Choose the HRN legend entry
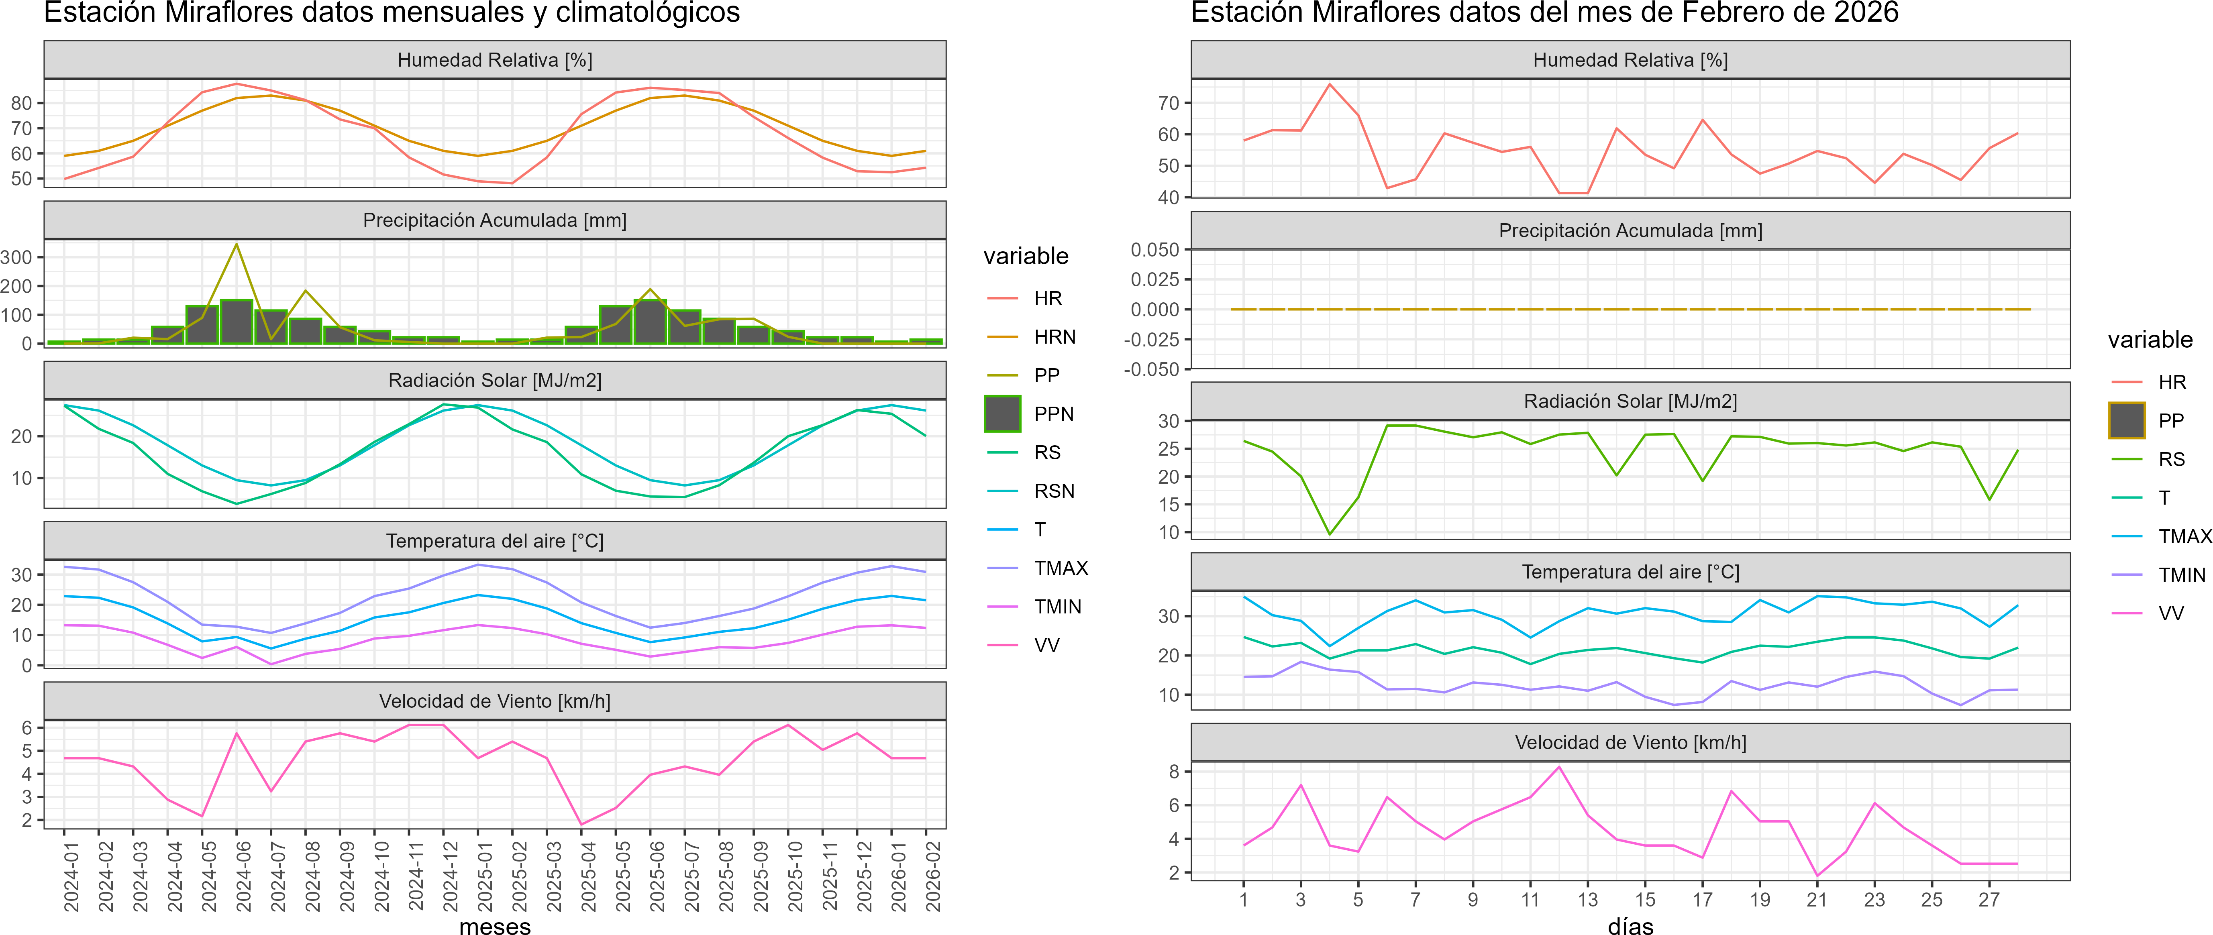[x=1054, y=336]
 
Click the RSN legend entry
[x=1054, y=491]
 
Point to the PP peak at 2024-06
[x=237, y=245]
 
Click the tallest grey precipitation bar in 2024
[x=237, y=322]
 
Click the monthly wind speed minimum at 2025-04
[x=581, y=824]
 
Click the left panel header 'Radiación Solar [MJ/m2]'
[x=495, y=380]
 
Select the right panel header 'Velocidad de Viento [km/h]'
[x=1630, y=743]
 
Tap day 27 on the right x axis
[x=1989, y=900]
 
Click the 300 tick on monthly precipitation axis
[x=17, y=258]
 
